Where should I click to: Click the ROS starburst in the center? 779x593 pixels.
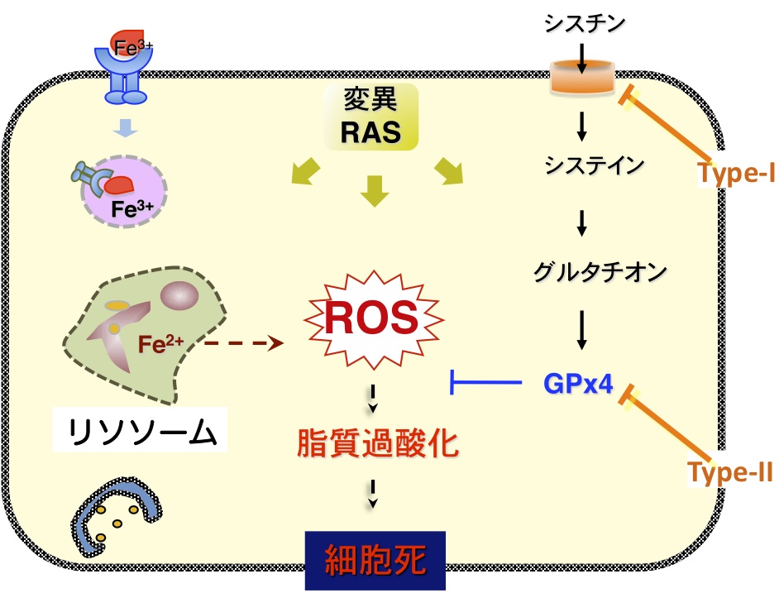point(374,319)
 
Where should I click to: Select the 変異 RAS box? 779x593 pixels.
point(371,117)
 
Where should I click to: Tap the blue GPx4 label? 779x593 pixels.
point(578,384)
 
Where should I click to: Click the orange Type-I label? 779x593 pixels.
point(736,173)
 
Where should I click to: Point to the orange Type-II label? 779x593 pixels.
point(730,471)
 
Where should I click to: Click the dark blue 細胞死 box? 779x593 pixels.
point(375,560)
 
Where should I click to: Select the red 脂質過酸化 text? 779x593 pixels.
point(378,442)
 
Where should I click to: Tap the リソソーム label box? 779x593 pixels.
point(140,429)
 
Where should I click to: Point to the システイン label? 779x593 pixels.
point(595,165)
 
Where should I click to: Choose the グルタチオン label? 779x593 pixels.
point(600,272)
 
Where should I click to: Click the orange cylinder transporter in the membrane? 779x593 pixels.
point(582,77)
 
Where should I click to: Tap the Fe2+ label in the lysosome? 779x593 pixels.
point(160,343)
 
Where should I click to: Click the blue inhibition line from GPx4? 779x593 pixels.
point(485,382)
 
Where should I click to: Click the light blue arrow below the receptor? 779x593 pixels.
point(125,128)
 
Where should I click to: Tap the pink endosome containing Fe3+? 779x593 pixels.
point(124,191)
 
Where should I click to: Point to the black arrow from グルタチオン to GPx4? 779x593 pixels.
point(581,330)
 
